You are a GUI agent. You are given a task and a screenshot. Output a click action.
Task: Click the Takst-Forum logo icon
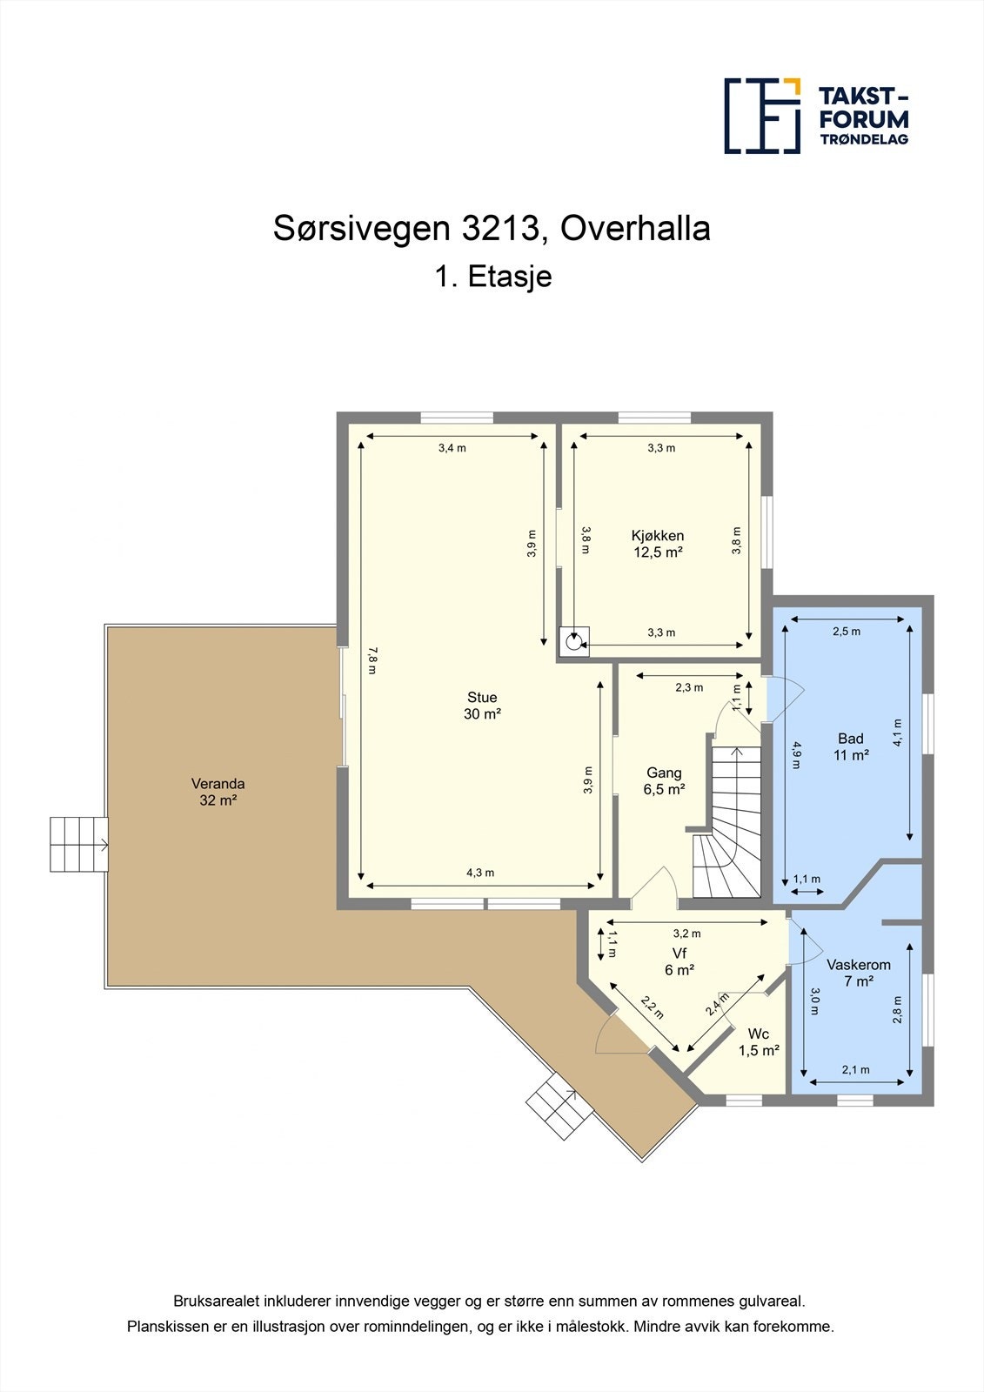(762, 116)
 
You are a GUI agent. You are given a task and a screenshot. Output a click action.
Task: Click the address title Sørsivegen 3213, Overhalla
(492, 229)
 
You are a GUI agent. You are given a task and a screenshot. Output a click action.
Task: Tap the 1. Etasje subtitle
(492, 278)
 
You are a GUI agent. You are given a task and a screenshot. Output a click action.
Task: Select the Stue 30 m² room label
(482, 706)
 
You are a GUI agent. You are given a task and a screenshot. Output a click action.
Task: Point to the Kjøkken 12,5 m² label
(658, 544)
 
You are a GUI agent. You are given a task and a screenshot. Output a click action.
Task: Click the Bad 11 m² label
(851, 746)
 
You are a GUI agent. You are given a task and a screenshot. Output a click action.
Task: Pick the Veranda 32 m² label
(218, 792)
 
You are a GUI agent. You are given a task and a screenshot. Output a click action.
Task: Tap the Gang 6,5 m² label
(664, 781)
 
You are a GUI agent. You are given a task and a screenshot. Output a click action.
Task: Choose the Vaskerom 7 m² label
(858, 973)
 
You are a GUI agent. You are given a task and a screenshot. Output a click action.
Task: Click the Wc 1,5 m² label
(759, 1042)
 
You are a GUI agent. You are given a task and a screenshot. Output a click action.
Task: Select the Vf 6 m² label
(679, 961)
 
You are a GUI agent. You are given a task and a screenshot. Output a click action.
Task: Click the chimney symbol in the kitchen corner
(573, 642)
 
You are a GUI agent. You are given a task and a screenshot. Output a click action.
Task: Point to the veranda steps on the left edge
(78, 844)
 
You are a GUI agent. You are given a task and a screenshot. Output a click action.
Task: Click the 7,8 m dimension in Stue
(372, 661)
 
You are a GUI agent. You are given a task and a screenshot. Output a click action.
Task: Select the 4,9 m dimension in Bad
(794, 753)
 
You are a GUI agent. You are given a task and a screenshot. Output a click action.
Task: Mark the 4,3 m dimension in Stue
(480, 873)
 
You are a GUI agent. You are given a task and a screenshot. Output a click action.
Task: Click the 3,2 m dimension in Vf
(686, 934)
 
